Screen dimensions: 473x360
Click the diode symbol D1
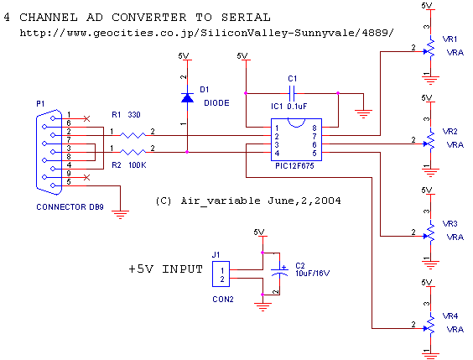point(187,98)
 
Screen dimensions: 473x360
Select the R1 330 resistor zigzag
point(133,135)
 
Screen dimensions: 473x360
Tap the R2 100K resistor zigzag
point(133,152)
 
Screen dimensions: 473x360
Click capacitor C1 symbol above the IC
point(292,93)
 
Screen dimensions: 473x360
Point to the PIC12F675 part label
point(294,165)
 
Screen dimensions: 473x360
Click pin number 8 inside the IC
point(314,128)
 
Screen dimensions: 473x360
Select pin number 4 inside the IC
point(277,154)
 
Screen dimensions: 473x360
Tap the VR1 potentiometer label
point(450,39)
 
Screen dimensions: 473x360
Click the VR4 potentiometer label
point(450,316)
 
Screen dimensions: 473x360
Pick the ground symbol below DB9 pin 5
point(121,214)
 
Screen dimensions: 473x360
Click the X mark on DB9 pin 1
point(86,118)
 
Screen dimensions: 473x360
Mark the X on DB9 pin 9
point(86,177)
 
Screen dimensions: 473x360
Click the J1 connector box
point(221,274)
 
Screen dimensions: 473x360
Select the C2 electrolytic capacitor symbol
point(279,271)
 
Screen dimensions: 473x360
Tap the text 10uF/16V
point(313,274)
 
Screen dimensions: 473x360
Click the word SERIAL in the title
point(246,17)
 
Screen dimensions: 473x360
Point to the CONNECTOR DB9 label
point(70,207)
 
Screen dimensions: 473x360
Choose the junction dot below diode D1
point(187,152)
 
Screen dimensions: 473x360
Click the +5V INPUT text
point(165,269)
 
